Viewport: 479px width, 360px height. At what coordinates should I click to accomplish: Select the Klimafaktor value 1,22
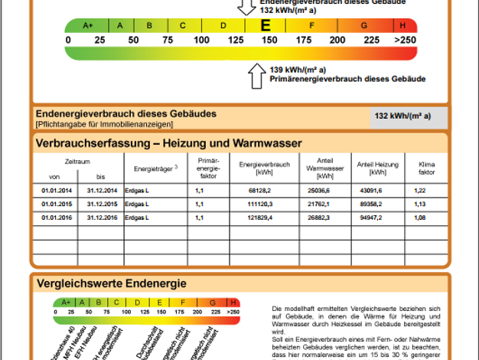pyautogui.click(x=420, y=190)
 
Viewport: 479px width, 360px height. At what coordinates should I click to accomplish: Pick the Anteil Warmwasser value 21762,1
pyautogui.click(x=318, y=205)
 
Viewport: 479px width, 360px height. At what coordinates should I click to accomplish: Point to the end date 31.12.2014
pyautogui.click(x=101, y=190)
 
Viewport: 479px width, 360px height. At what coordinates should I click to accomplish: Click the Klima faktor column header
pyautogui.click(x=420, y=169)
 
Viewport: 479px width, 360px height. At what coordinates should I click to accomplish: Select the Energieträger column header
pyautogui.click(x=155, y=168)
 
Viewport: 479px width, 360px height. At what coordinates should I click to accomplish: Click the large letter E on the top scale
pyautogui.click(x=266, y=25)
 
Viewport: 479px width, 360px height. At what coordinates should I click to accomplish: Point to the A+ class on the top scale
pyautogui.click(x=87, y=25)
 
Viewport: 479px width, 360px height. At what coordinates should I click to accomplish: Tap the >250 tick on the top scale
pyautogui.click(x=406, y=39)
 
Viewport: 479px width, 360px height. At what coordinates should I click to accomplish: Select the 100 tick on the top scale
pyautogui.click(x=201, y=39)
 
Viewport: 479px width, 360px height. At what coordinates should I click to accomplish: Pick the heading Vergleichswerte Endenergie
pyautogui.click(x=111, y=283)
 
